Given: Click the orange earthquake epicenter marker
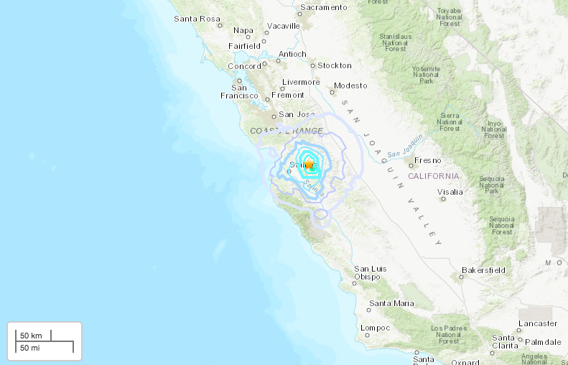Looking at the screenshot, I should pyautogui.click(x=309, y=164).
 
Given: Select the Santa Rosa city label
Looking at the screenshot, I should pyautogui.click(x=197, y=19).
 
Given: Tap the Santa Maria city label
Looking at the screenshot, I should pyautogui.click(x=391, y=303).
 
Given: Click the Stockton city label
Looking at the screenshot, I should pyautogui.click(x=335, y=65).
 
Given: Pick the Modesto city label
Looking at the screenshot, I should pyautogui.click(x=350, y=85).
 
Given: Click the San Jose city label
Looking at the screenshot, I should pyautogui.click(x=297, y=114).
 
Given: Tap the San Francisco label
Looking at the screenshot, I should pyautogui.click(x=239, y=91).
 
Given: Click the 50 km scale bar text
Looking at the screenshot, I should pyautogui.click(x=31, y=336).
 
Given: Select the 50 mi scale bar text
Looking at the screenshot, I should pyautogui.click(x=29, y=348).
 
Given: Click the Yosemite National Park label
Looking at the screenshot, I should pyautogui.click(x=426, y=75).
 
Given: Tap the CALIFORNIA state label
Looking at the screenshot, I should pyautogui.click(x=433, y=176).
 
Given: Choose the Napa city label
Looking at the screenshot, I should pyautogui.click(x=243, y=30).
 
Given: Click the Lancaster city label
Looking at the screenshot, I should pyautogui.click(x=538, y=323).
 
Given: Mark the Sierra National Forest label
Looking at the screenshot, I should pyautogui.click(x=450, y=121).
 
